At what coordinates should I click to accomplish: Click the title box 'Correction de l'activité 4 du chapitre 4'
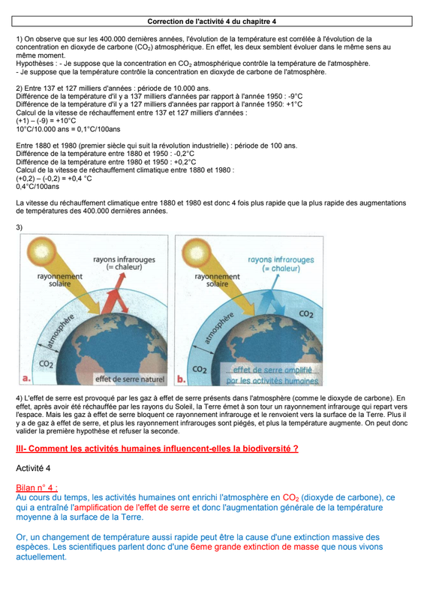212,22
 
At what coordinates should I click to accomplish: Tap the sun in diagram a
42,250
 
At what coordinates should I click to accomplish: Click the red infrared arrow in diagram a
116,295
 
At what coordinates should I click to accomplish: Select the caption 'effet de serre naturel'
130,379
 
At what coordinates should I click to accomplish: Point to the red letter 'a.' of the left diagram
26,379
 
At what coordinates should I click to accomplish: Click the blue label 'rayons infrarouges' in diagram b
281,259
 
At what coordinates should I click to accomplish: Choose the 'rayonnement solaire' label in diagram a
60,280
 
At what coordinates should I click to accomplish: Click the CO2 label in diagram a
46,364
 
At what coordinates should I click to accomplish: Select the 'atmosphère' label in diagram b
218,328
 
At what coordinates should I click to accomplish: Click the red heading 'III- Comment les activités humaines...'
157,448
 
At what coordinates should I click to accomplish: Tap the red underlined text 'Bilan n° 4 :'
37,487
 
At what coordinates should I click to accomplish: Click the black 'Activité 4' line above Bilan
33,468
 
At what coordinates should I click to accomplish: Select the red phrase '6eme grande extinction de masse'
254,547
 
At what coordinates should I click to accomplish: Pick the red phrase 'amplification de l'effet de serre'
132,508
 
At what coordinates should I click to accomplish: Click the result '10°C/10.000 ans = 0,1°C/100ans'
68,129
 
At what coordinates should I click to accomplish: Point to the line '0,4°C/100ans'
38,187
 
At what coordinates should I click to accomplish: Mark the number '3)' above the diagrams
20,227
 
